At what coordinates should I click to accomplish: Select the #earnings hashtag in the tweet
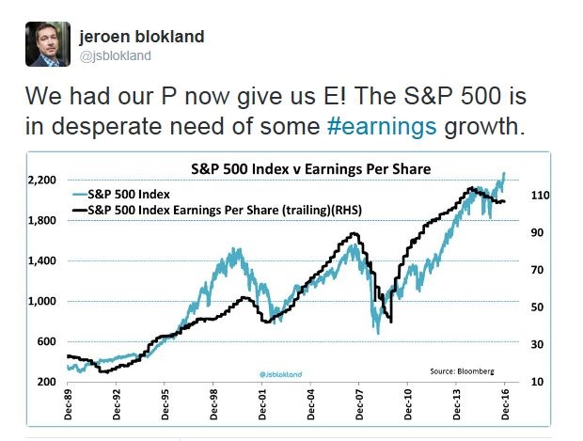pos(354,126)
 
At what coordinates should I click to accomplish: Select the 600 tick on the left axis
pos(43,341)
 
